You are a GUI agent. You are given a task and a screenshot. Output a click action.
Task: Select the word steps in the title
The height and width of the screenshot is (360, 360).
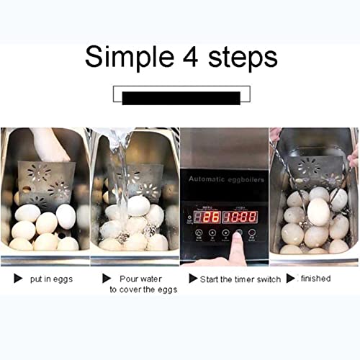242,58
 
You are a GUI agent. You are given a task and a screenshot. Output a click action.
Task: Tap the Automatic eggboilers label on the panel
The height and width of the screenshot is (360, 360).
223,179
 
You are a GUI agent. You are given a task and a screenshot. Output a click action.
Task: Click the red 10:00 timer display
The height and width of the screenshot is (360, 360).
238,216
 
